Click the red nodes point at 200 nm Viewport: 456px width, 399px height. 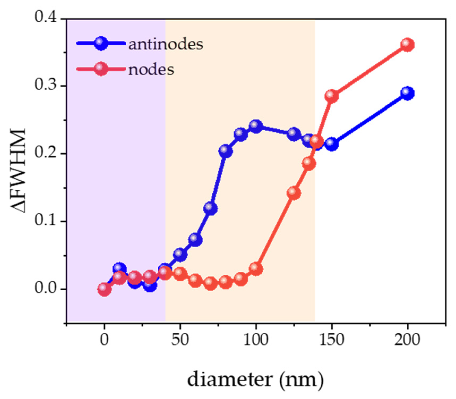[x=407, y=45]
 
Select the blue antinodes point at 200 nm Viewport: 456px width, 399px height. [x=407, y=93]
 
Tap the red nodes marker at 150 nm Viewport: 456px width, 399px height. [x=332, y=96]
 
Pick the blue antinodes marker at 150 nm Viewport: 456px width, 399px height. [x=332, y=144]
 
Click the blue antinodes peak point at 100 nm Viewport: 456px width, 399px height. [x=256, y=126]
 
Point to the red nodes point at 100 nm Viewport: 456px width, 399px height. [x=256, y=269]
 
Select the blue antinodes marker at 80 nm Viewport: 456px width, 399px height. [x=226, y=151]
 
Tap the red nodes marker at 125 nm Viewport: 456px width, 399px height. [x=294, y=193]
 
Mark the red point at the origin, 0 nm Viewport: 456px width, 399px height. [x=104, y=289]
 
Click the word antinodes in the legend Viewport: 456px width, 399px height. [x=166, y=44]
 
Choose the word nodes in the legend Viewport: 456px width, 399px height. [x=151, y=69]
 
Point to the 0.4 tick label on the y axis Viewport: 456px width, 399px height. [x=45, y=18]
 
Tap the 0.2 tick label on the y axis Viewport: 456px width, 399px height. [x=45, y=153]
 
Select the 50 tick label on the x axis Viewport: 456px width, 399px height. [x=180, y=340]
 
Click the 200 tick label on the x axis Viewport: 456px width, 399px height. [x=407, y=340]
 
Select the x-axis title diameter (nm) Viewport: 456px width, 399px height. [x=255, y=380]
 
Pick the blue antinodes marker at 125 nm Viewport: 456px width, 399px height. [x=294, y=134]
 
